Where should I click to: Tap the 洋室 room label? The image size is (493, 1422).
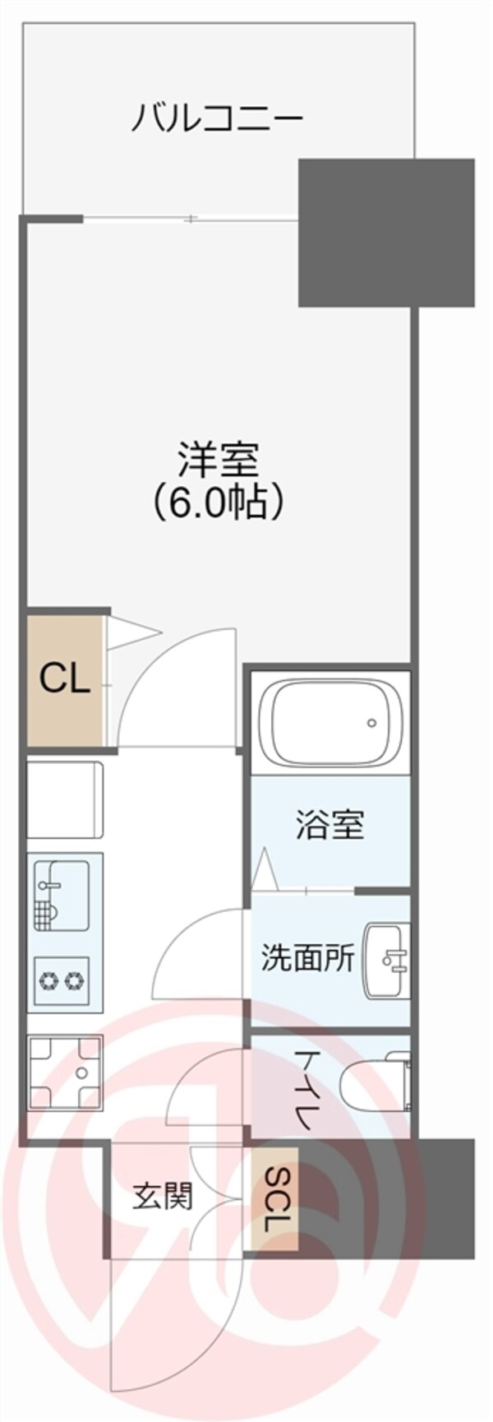click(x=219, y=460)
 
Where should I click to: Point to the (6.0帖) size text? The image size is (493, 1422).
click(x=219, y=501)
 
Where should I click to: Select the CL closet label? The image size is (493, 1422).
click(x=64, y=679)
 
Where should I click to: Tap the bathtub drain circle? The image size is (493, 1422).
click(x=371, y=724)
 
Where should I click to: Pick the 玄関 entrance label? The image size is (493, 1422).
click(x=163, y=1197)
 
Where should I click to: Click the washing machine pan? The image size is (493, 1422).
click(x=64, y=1072)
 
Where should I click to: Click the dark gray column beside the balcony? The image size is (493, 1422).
click(x=385, y=232)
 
